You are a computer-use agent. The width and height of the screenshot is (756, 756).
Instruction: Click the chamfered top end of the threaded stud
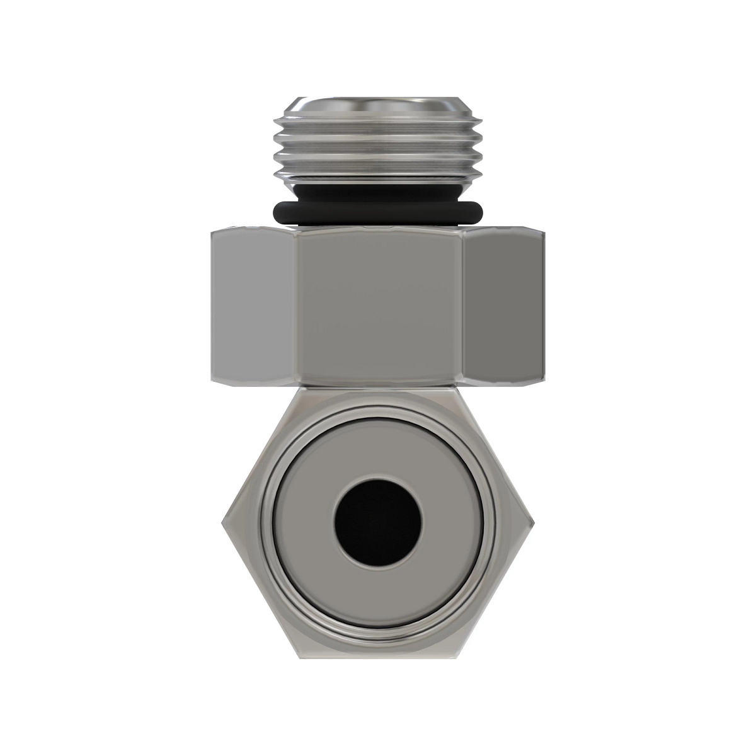(378, 104)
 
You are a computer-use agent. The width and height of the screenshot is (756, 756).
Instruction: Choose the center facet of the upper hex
(378, 307)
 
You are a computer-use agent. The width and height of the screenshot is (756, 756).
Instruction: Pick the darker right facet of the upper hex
(503, 307)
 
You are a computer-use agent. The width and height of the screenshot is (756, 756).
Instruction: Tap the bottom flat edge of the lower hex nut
(378, 655)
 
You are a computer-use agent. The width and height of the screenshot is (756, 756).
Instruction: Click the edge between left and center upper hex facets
(296, 307)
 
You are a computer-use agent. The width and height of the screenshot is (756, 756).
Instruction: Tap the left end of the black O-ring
(275, 211)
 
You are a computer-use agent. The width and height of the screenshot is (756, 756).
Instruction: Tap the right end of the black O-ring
(481, 211)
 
